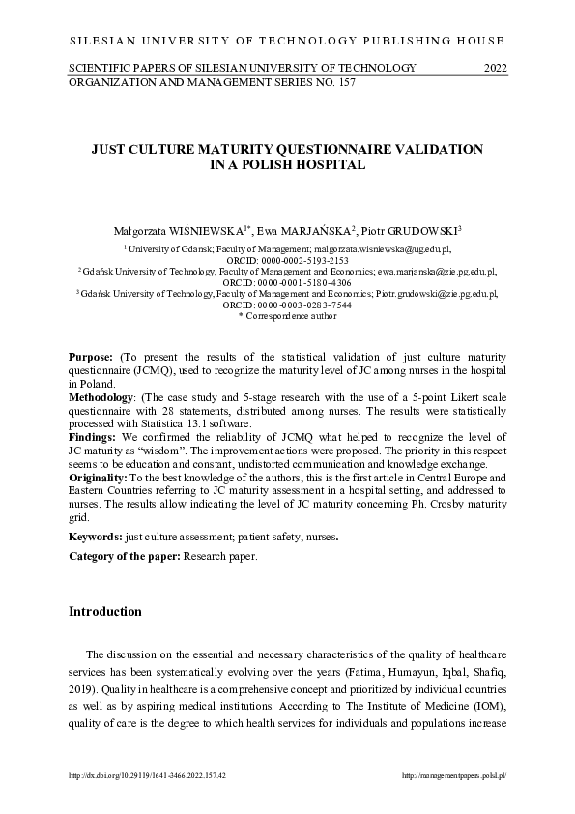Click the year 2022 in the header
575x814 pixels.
pyautogui.click(x=494, y=67)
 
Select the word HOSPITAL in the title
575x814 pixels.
pyautogui.click(x=330, y=165)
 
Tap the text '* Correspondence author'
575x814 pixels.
pyautogui.click(x=287, y=316)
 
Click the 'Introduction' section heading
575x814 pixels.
pyautogui.click(x=105, y=612)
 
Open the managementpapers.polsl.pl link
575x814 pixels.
pyautogui.click(x=453, y=775)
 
